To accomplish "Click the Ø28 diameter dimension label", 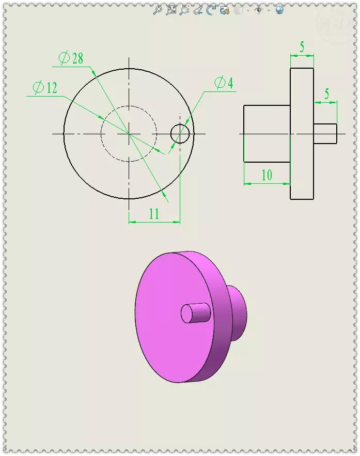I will [71, 58].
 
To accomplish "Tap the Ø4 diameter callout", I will [223, 83].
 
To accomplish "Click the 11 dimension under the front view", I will [154, 214].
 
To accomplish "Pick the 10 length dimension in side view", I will [267, 175].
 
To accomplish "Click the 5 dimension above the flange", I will [302, 48].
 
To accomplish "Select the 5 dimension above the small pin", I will [326, 94].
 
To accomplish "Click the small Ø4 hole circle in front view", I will [180, 134].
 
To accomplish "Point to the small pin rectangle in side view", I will [325, 134].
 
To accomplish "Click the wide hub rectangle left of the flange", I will [267, 134].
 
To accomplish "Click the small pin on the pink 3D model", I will [196, 312].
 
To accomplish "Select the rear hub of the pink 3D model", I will [237, 313].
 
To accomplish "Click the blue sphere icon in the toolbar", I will [279, 10].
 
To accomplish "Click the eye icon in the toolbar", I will [259, 10].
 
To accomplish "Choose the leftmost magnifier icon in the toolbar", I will [158, 10].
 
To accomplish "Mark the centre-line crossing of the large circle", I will [129, 134].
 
